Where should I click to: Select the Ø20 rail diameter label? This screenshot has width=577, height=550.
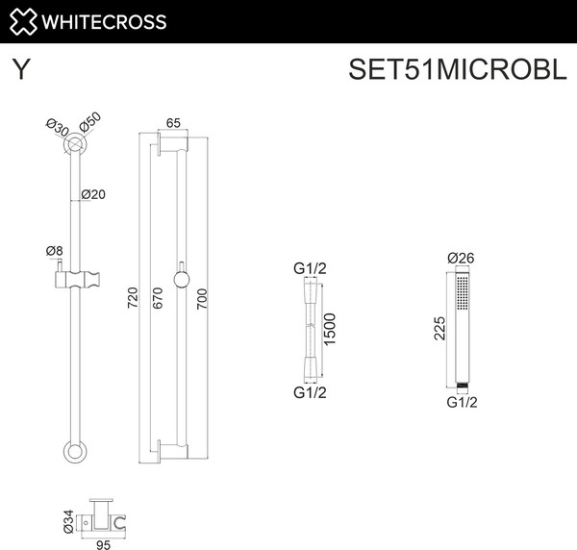tap(92, 194)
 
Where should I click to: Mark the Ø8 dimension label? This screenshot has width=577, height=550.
tap(55, 251)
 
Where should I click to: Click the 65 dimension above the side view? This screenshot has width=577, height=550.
tap(174, 122)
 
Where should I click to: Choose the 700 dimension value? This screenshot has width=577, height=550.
tap(202, 299)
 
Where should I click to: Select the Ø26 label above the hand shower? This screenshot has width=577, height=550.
tap(463, 258)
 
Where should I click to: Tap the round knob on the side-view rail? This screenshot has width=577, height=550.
tap(179, 280)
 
